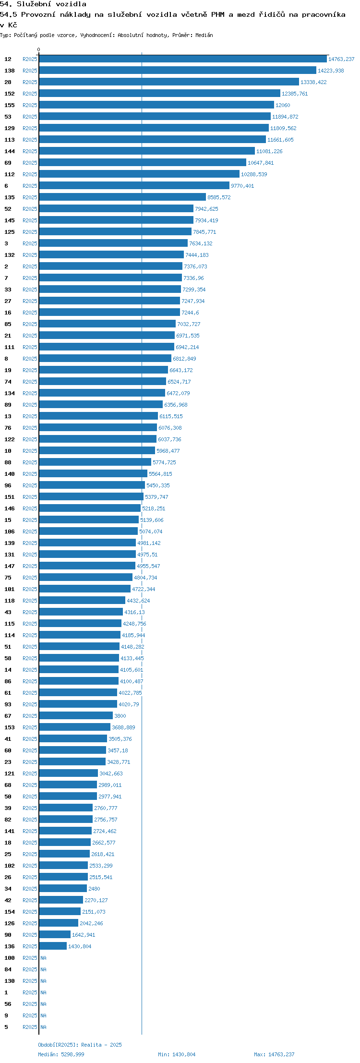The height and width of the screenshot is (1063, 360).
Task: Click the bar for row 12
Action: pyautogui.click(x=183, y=59)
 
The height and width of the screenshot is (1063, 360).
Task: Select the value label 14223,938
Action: pyautogui.click(x=331, y=71)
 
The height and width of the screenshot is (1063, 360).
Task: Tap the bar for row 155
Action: pyautogui.click(x=156, y=105)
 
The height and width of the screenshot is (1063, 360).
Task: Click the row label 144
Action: pyautogui.click(x=10, y=151)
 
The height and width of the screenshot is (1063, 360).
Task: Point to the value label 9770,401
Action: pyautogui.click(x=242, y=186)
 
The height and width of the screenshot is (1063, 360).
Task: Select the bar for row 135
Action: pyautogui.click(x=122, y=197)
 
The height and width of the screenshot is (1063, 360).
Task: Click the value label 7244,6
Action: pyautogui.click(x=190, y=313)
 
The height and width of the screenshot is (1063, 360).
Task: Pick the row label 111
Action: pyautogui.click(x=10, y=347)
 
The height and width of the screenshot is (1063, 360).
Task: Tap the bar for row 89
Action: pyautogui.click(x=101, y=405)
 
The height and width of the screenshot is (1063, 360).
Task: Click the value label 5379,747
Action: pyautogui.click(x=156, y=497)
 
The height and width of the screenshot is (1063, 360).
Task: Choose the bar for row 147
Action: pyautogui.click(x=87, y=566)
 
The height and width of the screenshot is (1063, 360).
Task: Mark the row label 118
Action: pyautogui.click(x=10, y=601)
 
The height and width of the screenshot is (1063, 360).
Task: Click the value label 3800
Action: pyautogui.click(x=120, y=716)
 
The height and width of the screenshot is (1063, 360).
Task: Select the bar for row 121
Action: pyautogui.click(x=69, y=773)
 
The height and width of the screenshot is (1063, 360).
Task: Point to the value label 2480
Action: pyautogui.click(x=94, y=889)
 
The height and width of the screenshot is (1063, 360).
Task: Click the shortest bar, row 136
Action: pyautogui.click(x=53, y=946)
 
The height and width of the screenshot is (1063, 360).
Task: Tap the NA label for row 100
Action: pyautogui.click(x=43, y=958)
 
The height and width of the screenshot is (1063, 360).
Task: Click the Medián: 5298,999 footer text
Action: pyautogui.click(x=61, y=1054)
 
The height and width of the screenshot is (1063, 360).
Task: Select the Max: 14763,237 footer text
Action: pyautogui.click(x=274, y=1054)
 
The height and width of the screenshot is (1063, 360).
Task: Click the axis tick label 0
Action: pyautogui.click(x=39, y=49)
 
